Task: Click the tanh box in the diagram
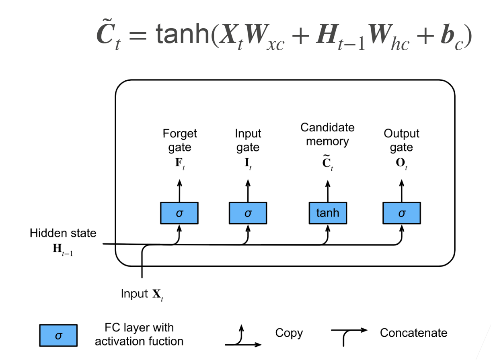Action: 327,213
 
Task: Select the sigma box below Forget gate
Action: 179,213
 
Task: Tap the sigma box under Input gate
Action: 248,213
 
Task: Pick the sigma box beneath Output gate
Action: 401,213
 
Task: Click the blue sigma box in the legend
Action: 58,335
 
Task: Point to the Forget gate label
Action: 179,140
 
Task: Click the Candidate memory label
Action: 327,135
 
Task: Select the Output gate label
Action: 401,140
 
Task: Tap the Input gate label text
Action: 248,140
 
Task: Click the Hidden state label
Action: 63,233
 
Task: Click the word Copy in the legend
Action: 289,333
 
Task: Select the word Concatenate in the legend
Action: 413,333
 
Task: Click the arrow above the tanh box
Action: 328,190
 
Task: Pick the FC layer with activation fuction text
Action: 139,334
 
